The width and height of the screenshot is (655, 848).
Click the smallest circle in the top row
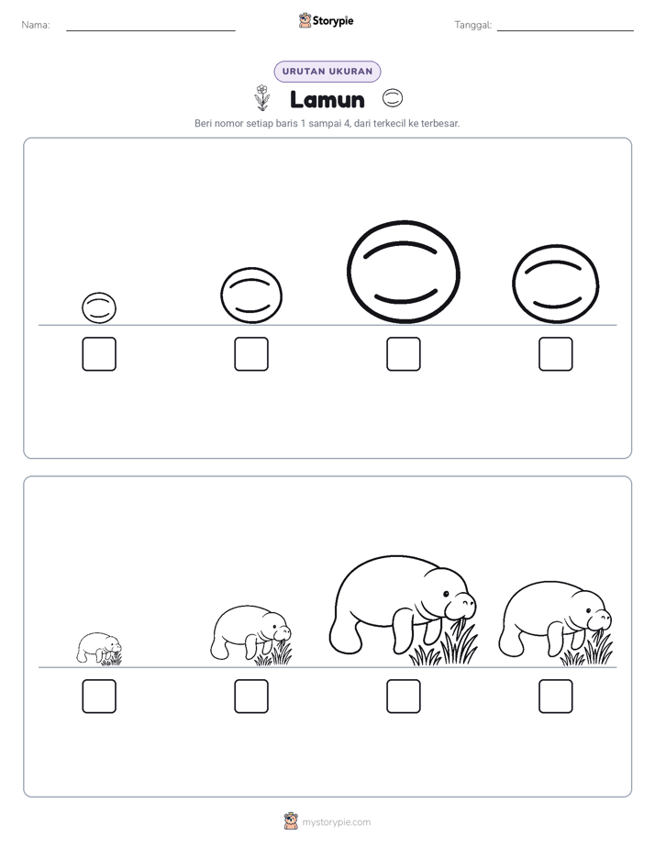click(x=99, y=307)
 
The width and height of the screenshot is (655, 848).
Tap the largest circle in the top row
click(x=403, y=272)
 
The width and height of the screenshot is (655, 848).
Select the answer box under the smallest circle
click(x=99, y=354)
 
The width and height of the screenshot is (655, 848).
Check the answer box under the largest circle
click(x=403, y=354)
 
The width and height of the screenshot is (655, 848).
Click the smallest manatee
click(x=99, y=648)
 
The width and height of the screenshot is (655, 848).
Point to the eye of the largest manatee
click(x=447, y=594)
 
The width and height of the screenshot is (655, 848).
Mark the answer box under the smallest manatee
click(x=99, y=697)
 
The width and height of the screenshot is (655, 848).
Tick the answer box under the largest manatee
click(x=403, y=697)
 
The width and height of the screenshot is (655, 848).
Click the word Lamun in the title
click(x=327, y=99)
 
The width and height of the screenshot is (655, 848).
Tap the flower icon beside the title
click(x=262, y=97)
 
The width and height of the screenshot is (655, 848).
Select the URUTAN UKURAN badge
click(x=327, y=72)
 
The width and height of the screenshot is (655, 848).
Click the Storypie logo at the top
click(x=326, y=20)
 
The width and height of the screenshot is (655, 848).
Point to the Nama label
click(x=36, y=25)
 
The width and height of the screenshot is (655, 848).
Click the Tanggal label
click(x=472, y=25)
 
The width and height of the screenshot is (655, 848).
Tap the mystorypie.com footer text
click(x=336, y=822)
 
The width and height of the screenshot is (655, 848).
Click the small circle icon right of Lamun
click(x=393, y=98)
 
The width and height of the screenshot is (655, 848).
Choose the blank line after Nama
click(x=150, y=31)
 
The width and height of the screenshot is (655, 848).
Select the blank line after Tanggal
click(x=565, y=31)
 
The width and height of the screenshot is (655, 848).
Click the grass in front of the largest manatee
click(x=444, y=644)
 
